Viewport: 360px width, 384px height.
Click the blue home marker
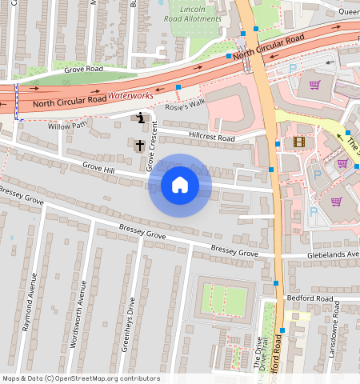tap(180, 186)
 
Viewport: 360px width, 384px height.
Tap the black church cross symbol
tap(139, 146)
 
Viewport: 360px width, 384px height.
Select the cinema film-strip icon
tap(299, 142)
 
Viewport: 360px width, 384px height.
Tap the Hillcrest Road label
tap(206, 137)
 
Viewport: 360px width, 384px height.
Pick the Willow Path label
tap(68, 126)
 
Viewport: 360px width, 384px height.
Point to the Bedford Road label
tap(313, 298)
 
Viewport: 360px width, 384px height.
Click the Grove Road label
tap(84, 70)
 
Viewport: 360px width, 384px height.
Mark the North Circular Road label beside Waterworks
tap(70, 101)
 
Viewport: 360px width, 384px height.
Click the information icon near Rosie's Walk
tap(141, 119)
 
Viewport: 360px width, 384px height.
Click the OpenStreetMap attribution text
tap(81, 378)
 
